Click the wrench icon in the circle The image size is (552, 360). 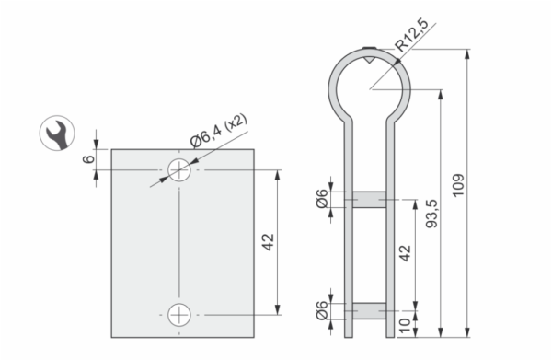[57, 134]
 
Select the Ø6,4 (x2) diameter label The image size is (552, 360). [219, 131]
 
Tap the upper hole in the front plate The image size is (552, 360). [179, 170]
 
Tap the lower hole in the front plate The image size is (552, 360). [179, 315]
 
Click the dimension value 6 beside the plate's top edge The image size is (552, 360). [88, 159]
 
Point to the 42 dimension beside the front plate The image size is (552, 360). [269, 242]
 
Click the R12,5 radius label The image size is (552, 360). [411, 35]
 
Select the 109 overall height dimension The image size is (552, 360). [458, 186]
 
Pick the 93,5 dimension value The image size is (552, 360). [431, 214]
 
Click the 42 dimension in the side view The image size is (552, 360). [405, 253]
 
